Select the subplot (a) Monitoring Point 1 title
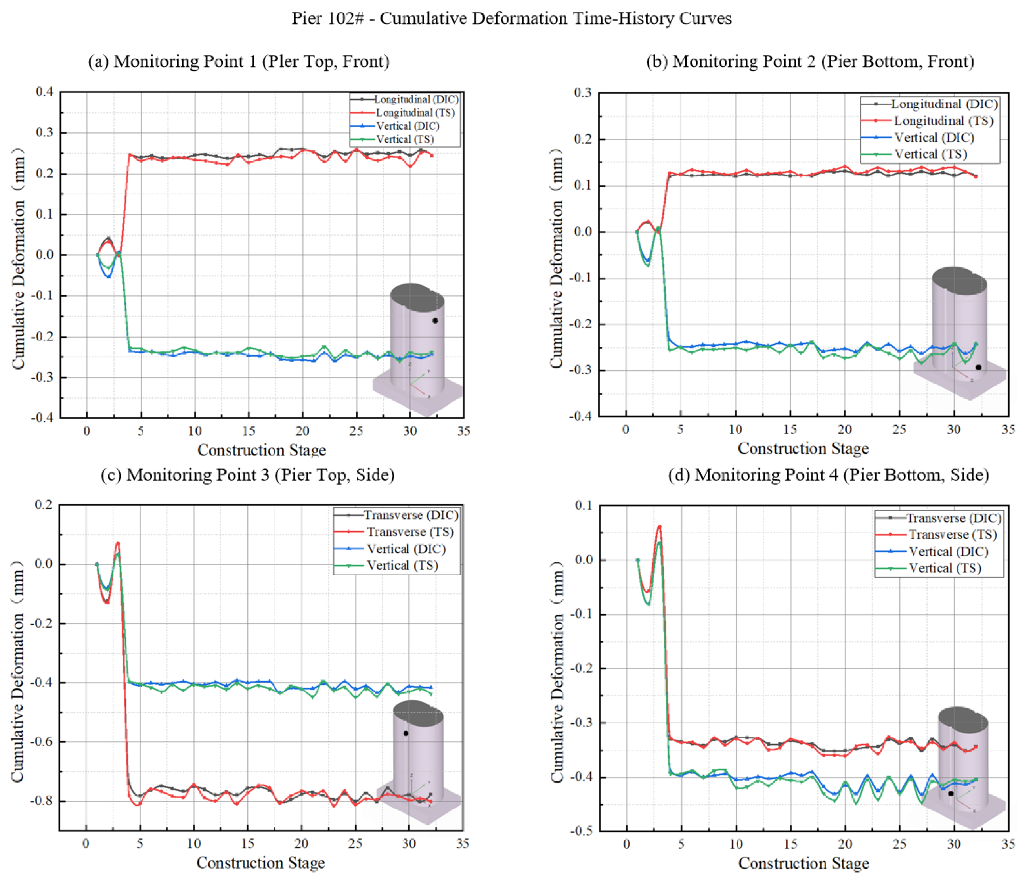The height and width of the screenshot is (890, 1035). click(239, 61)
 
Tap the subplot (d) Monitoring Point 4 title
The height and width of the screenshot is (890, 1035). click(829, 475)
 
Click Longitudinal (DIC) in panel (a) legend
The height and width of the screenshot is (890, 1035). click(415, 99)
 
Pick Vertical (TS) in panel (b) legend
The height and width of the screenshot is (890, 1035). click(930, 154)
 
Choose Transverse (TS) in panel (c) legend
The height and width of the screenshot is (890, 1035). click(409, 532)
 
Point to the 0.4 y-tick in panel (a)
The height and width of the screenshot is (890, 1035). click(44, 92)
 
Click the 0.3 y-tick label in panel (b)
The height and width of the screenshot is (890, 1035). click(582, 92)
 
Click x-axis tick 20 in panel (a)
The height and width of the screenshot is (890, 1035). click(302, 431)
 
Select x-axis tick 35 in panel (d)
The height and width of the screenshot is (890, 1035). click(1008, 844)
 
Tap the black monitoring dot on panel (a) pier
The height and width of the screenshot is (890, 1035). click(435, 321)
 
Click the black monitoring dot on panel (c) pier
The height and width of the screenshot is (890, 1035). click(406, 733)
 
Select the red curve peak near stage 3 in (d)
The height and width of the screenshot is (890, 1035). click(659, 526)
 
